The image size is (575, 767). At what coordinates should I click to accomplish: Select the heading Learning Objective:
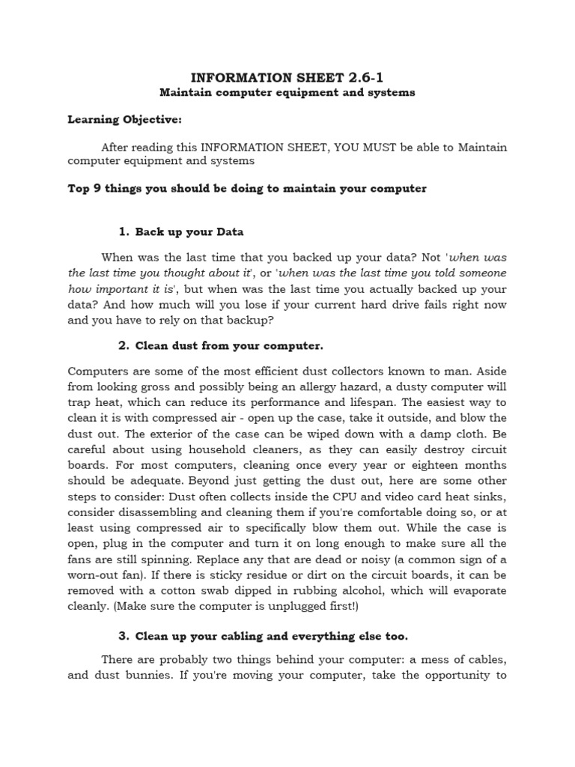pyautogui.click(x=124, y=119)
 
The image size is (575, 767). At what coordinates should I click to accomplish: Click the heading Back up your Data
pyautogui.click(x=189, y=231)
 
